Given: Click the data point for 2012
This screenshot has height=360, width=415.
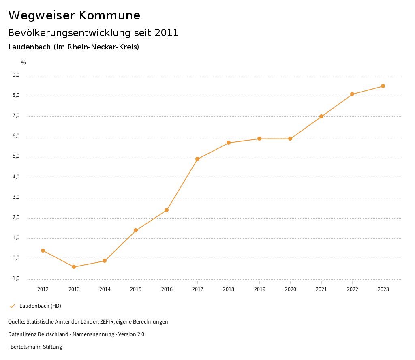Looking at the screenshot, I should tap(43, 251).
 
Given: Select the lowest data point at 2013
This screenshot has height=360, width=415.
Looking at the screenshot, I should tap(74, 267).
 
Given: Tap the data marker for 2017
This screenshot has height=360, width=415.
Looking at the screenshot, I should tap(197, 159).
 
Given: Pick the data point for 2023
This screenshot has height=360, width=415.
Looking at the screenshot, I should tap(383, 86).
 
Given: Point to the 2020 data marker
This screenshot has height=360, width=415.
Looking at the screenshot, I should tap(290, 139).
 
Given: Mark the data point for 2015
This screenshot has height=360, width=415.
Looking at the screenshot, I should tap(136, 230).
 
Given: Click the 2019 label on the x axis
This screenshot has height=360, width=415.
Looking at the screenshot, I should tap(259, 289).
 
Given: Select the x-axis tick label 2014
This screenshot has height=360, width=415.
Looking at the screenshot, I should tap(105, 289).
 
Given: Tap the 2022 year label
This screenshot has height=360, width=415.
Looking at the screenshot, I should tap(352, 289).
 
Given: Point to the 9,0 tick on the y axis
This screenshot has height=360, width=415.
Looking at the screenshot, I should tap(16, 75).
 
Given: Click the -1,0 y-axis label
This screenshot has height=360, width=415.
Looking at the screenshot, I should tap(15, 279).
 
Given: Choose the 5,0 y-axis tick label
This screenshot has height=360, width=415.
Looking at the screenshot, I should tap(16, 156).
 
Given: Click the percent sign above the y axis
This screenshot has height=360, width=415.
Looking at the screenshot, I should tap(24, 63).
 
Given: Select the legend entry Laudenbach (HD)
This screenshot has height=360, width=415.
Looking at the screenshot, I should tap(40, 306).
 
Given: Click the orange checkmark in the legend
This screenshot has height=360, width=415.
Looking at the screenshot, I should tap(12, 306).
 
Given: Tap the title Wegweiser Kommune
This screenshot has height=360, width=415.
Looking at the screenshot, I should tap(74, 15).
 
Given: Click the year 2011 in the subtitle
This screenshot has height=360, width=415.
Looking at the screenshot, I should tap(167, 32).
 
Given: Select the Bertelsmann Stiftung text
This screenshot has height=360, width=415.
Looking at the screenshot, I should tap(36, 347).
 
